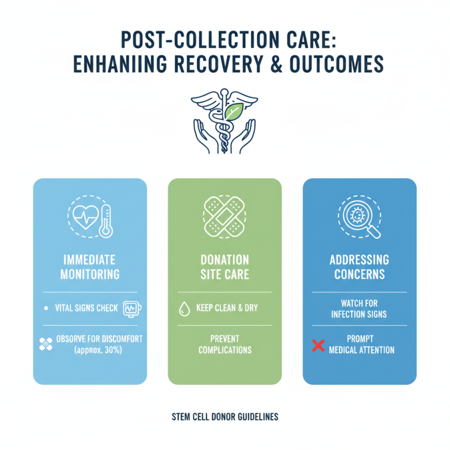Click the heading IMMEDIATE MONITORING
click(90, 267)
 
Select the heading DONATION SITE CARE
click(225, 267)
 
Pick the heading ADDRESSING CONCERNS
click(360, 267)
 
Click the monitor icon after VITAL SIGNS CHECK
click(133, 308)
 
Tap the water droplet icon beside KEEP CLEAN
click(183, 308)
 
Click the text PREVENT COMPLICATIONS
click(225, 344)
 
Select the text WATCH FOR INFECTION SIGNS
click(360, 308)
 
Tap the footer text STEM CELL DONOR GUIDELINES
click(225, 417)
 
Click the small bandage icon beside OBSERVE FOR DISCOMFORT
click(46, 344)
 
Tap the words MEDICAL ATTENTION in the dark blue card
click(362, 350)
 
